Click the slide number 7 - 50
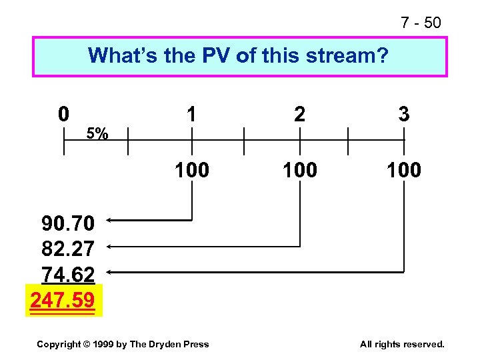pyautogui.click(x=421, y=23)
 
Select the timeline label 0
pyautogui.click(x=63, y=114)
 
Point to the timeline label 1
pyautogui.click(x=191, y=115)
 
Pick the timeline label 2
pyautogui.click(x=300, y=115)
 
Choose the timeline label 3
pyautogui.click(x=403, y=115)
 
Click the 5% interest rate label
pyautogui.click(x=99, y=134)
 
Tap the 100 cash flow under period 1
pyautogui.click(x=192, y=170)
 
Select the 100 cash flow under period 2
pyautogui.click(x=300, y=170)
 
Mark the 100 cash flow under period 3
pyautogui.click(x=403, y=170)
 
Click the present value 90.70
pyautogui.click(x=68, y=222)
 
